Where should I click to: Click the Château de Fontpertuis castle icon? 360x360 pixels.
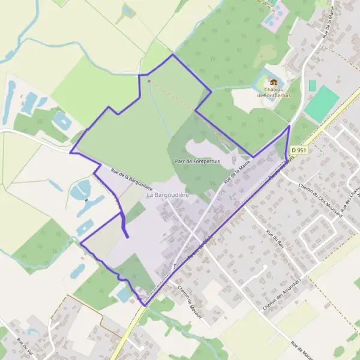274,82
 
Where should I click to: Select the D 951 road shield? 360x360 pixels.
298,149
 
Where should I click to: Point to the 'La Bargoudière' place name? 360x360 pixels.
167,195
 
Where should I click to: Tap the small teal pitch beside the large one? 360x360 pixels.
312,85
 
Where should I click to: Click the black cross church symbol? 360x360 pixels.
175,265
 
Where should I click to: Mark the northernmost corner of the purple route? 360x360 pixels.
173,55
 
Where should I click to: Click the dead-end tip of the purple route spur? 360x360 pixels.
127,238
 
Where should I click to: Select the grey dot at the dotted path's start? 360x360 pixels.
149,80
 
